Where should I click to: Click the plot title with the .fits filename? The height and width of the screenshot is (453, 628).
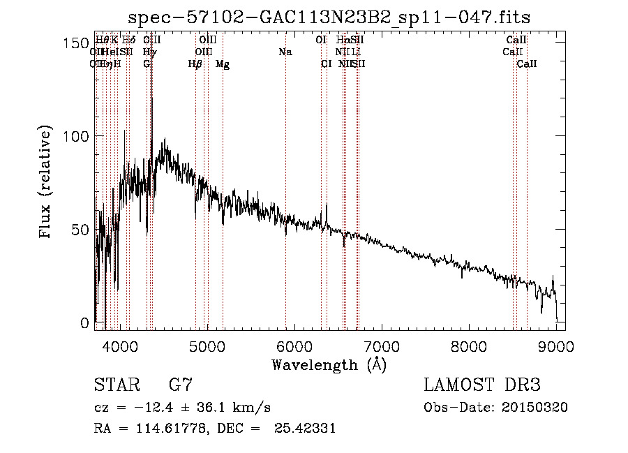click(334, 18)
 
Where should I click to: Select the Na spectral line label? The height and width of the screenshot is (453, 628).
click(285, 52)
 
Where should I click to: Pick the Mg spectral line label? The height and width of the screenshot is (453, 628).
click(222, 64)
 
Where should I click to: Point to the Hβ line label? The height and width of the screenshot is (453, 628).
click(195, 64)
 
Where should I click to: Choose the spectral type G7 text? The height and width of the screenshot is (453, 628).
click(181, 385)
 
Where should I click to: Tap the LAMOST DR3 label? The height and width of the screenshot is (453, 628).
click(481, 385)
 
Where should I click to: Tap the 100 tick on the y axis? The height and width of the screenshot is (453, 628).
click(77, 136)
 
